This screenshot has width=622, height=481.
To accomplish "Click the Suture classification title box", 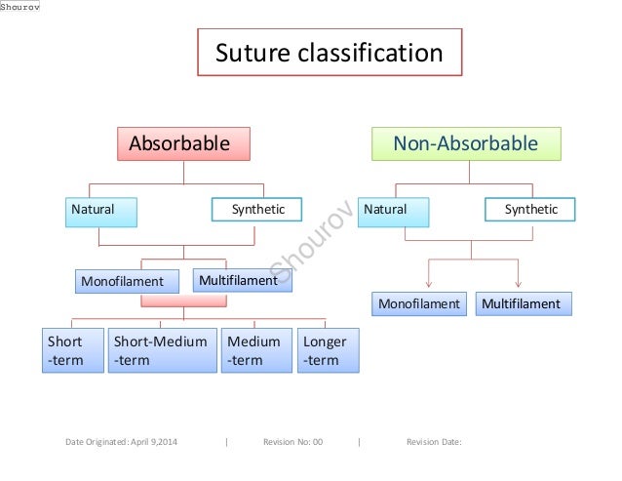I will (x=329, y=52).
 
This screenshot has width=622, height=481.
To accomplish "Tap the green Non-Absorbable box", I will (x=465, y=144).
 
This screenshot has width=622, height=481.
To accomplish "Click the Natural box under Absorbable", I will (x=101, y=211).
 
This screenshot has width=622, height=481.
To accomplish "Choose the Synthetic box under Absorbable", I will (x=256, y=211).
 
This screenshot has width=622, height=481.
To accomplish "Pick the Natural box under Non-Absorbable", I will (x=394, y=211).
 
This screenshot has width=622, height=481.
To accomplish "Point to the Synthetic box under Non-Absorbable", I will (x=530, y=211).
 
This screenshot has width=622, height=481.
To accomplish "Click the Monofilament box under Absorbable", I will (x=129, y=282).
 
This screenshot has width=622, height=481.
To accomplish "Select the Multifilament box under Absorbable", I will (x=237, y=281).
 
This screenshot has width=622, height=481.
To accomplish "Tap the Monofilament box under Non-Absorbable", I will (x=417, y=304).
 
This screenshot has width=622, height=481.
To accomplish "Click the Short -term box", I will (x=74, y=351).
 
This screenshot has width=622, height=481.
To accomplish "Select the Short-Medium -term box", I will (x=160, y=351).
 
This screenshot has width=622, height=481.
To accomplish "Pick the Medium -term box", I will (x=253, y=351).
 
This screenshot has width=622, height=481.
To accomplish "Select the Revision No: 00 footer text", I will (x=292, y=442).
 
